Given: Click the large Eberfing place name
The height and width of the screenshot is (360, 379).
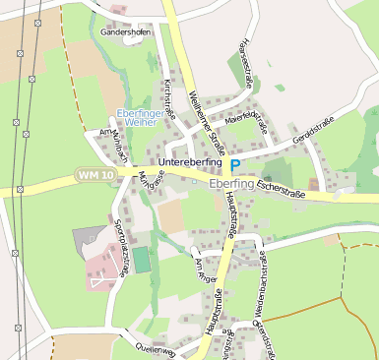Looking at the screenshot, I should point(231,183).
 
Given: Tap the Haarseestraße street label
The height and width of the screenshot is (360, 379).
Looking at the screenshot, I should point(245,63).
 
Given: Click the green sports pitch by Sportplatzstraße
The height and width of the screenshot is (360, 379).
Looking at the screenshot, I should point(142,261).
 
